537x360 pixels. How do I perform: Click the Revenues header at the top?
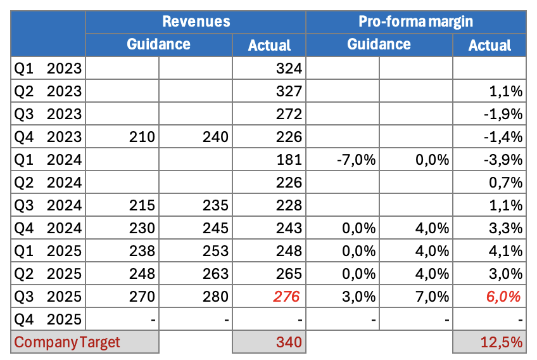click(x=196, y=21)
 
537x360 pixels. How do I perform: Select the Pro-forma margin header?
click(x=415, y=21)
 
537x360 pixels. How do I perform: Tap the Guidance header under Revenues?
click(x=158, y=44)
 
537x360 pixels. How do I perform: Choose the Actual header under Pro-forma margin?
click(x=490, y=45)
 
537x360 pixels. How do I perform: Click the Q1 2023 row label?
click(x=48, y=68)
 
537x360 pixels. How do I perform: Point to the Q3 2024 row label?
click(x=48, y=205)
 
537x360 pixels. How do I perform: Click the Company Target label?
click(x=67, y=342)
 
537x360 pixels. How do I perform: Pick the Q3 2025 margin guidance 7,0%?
click(x=433, y=297)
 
